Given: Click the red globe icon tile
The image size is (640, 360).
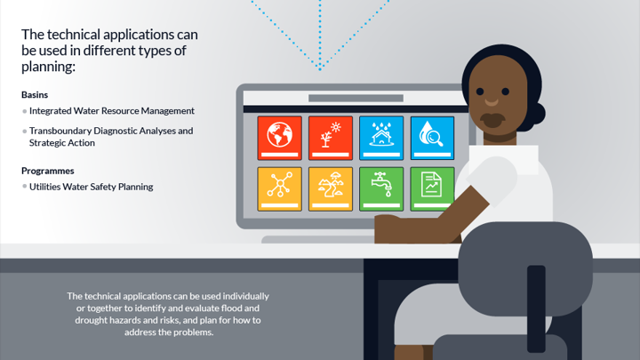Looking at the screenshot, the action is (x=280, y=138).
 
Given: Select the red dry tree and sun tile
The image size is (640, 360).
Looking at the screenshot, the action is (x=331, y=138).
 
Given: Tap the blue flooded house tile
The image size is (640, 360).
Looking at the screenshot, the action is (x=381, y=138).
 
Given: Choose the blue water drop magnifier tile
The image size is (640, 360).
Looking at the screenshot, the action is (x=432, y=138).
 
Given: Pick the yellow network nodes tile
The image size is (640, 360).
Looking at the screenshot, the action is (x=280, y=189).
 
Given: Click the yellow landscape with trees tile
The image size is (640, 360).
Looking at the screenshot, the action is (x=331, y=189).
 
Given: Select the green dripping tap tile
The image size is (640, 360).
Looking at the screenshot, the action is (x=381, y=189).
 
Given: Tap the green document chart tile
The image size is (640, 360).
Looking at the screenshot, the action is (x=432, y=189).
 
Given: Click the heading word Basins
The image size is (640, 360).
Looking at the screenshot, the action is (x=35, y=95).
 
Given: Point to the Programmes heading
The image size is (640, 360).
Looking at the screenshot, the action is (x=48, y=171).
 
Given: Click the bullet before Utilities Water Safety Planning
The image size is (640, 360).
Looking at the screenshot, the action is (x=25, y=187).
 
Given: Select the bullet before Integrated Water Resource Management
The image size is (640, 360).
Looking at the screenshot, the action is (x=25, y=111).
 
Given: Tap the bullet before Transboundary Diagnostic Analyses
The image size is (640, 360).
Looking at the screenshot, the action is (x=25, y=131).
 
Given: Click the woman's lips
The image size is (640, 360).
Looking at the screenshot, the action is (x=492, y=120).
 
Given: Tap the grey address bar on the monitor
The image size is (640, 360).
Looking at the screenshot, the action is (x=356, y=98).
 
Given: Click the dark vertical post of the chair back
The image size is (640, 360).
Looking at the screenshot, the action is (x=536, y=308).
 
